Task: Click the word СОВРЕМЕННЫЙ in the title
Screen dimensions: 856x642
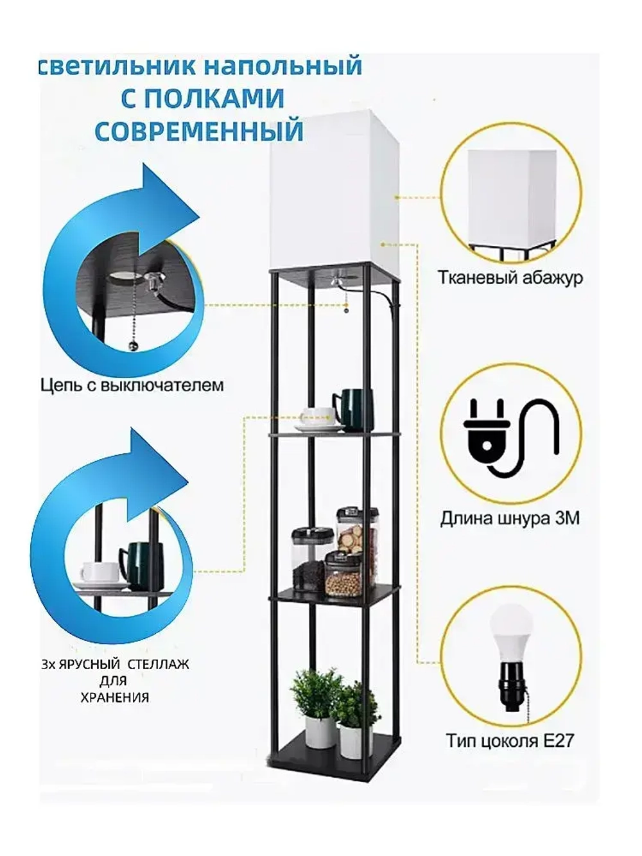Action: [x=199, y=130]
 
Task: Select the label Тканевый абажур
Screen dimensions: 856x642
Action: [x=510, y=277]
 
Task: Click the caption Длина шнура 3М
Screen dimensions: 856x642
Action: [x=510, y=518]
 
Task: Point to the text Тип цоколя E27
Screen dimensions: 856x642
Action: [x=510, y=740]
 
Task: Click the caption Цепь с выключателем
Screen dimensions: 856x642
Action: [x=132, y=385]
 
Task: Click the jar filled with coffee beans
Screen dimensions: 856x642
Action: [x=308, y=562]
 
